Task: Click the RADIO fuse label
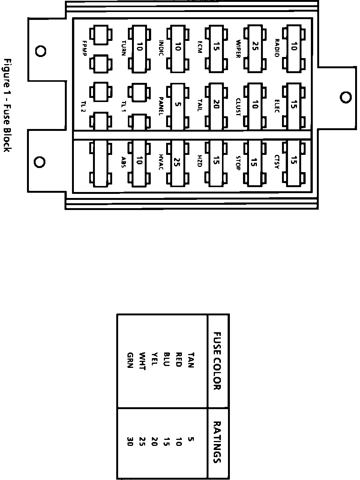coord(277,48)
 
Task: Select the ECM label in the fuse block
coord(200,47)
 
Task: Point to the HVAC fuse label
coord(161,162)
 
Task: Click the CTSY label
coord(277,162)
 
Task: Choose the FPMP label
coord(84,48)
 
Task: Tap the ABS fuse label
coord(123,162)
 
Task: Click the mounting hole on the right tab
coord(346,97)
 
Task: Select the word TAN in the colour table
coord(191,360)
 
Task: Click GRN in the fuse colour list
coord(130,360)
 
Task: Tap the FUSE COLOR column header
coord(217,361)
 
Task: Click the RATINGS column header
coord(217,442)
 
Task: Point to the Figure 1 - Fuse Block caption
coord(7,105)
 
